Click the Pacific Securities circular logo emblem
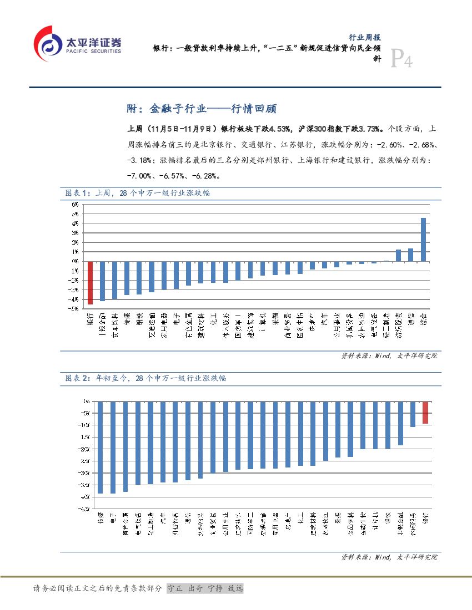pyautogui.click(x=48, y=44)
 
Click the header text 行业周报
pyautogui.click(x=364, y=38)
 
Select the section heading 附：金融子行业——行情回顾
pyautogui.click(x=202, y=108)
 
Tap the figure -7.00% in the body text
pyautogui.click(x=139, y=176)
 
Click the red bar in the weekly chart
pyautogui.click(x=90, y=283)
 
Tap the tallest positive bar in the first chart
pyautogui.click(x=423, y=239)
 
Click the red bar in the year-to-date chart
pyautogui.click(x=425, y=413)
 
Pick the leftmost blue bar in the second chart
pyautogui.click(x=100, y=447)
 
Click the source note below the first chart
pyautogui.click(x=389, y=356)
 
